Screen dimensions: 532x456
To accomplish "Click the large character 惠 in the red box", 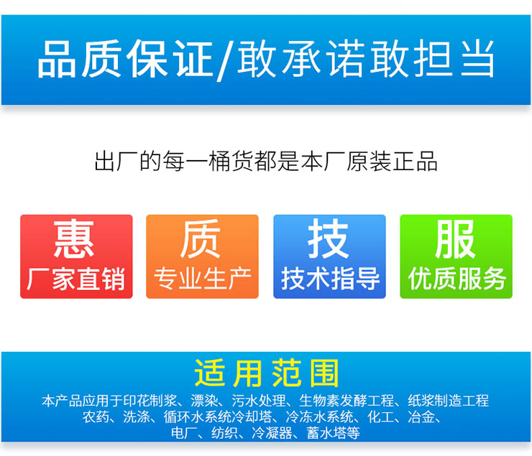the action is pos(73,238).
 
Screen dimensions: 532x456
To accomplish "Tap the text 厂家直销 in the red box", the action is pos(76,279).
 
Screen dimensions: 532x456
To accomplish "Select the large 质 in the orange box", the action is pos(201,238).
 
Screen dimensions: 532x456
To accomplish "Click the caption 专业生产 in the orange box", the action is pos(202,279).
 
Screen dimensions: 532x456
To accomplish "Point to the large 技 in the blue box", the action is pos(328,238).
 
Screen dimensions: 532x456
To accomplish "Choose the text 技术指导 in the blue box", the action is pos(330,279).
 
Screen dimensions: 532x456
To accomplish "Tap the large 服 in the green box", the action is pos(455,238).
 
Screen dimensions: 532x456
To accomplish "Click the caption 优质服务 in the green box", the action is pos(457,279).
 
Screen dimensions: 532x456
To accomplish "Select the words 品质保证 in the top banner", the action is pos(125,59).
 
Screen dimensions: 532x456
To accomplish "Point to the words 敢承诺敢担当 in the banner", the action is pos(365,59).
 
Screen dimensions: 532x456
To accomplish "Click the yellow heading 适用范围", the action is pos(266,373).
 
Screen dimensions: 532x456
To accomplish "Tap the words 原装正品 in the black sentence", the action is pos(392,161).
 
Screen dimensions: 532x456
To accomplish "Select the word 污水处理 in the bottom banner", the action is pos(259,401).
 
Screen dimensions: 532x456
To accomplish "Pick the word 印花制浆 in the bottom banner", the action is pos(150,401).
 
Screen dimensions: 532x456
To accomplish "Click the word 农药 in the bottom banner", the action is pos(96,417).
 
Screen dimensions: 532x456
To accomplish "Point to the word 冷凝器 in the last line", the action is pos(272,433).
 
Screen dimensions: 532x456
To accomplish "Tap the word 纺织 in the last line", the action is pos(224,433).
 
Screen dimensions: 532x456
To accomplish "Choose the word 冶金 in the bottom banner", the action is pos(421,417).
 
